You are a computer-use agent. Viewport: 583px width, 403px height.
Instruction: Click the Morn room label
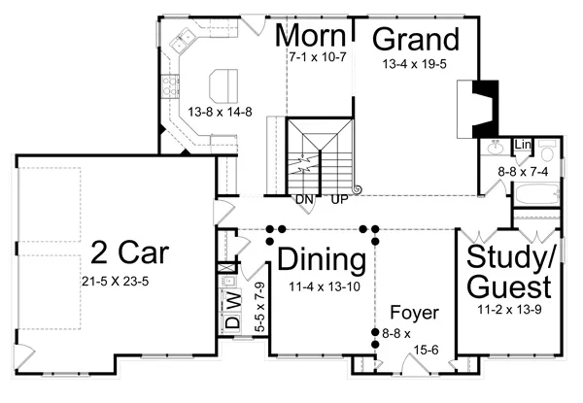311,35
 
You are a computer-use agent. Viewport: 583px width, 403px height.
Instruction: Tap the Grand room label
416,39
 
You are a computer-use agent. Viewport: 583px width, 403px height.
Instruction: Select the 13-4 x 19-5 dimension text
415,64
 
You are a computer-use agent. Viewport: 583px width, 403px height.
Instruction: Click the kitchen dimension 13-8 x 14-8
220,112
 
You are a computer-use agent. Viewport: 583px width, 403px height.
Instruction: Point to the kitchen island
223,84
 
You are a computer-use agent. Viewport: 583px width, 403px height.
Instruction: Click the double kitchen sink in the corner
183,41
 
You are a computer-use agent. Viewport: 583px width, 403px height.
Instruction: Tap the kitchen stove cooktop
170,86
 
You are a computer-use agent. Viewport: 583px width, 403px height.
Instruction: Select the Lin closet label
523,145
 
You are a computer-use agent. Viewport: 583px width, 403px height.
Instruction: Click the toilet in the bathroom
547,151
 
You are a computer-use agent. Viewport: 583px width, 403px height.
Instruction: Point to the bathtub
537,193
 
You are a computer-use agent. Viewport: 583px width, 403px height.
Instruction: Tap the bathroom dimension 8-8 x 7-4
523,172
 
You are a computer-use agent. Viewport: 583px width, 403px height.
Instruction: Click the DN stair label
304,199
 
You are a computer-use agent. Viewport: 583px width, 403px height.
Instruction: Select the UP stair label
339,199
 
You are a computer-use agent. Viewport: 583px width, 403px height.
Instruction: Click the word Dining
322,259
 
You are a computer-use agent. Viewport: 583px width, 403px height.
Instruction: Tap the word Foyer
414,313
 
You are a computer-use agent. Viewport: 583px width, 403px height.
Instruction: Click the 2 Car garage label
130,252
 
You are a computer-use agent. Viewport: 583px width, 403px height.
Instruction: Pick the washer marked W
232,299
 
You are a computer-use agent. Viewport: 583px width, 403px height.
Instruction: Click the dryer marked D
232,321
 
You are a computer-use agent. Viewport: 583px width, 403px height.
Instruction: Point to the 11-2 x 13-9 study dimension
509,309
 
